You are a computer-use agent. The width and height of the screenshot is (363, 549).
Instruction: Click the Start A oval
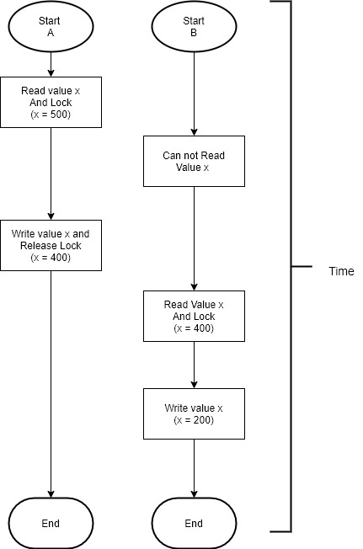coord(51,26)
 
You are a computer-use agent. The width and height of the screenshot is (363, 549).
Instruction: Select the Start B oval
coord(194,26)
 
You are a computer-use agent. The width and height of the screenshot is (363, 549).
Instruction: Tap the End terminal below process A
coord(51,523)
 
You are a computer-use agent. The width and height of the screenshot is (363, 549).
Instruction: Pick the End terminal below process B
coord(194,523)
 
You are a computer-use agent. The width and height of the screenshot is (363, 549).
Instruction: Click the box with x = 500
coord(51,102)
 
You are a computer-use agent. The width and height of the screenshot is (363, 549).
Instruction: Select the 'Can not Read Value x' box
coord(194,161)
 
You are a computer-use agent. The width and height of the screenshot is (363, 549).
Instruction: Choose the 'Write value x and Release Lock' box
coord(51,245)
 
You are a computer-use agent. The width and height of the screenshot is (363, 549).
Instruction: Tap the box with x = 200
coord(194,413)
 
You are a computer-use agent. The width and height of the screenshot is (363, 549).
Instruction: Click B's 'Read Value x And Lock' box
coord(194,316)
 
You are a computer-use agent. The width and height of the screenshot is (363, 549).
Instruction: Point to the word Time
coord(341,271)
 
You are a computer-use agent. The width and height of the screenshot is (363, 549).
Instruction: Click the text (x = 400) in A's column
coord(51,258)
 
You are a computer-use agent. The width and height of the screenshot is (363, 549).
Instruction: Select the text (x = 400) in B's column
coord(194,328)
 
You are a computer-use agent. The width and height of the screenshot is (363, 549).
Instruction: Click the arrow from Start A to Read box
coord(51,65)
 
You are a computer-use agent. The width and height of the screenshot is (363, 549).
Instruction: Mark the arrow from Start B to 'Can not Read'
coord(194,93)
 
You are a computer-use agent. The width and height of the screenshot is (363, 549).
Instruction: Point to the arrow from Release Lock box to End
coord(51,384)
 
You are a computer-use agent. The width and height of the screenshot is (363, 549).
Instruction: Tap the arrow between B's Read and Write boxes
coord(194,365)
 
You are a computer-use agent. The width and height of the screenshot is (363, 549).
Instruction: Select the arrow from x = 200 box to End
coord(194,468)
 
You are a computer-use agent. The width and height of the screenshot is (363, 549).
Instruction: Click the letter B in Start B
coord(194,33)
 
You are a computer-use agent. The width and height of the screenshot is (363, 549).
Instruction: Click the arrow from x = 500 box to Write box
coord(51,173)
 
